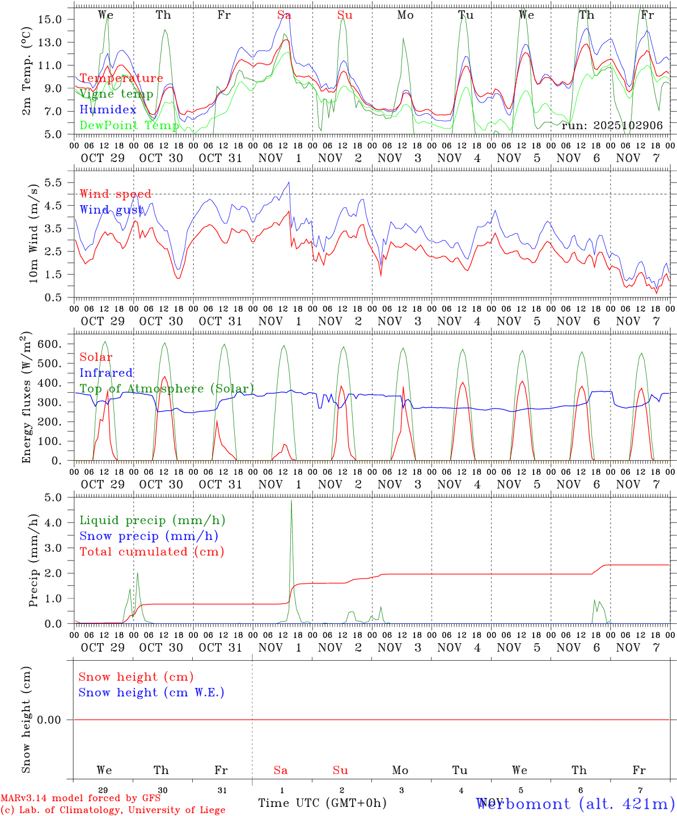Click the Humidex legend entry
coord(108,110)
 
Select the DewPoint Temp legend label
coord(129,125)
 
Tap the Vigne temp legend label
coord(116,94)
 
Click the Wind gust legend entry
coord(112,210)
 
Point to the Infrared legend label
coord(107,373)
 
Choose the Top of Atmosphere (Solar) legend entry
coord(167,389)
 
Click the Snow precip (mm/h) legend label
coord(149,536)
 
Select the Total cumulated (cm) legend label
coord(152,551)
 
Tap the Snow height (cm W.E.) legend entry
coord(151,692)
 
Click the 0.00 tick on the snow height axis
coord(53,720)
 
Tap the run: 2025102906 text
coord(612,125)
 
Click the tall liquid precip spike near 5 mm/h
coord(291,501)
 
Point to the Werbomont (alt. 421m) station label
coord(575,804)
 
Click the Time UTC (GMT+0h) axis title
coord(322,803)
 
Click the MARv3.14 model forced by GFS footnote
coord(81,798)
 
